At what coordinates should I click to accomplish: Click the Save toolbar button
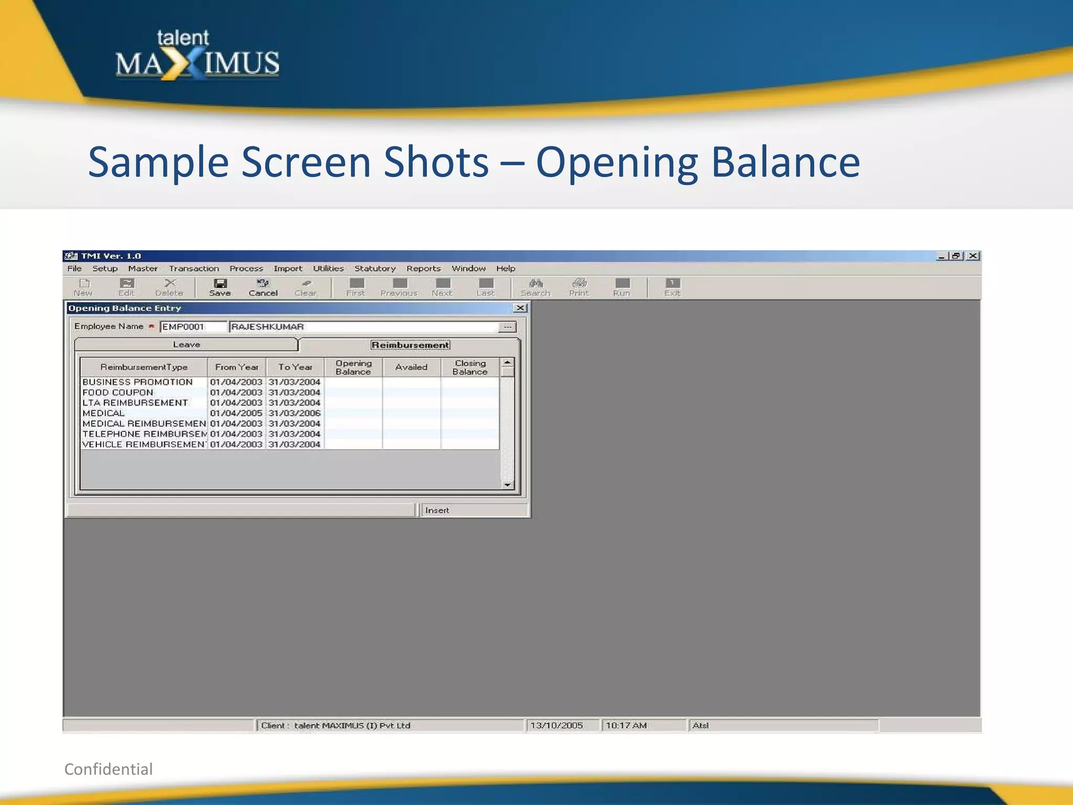(x=220, y=287)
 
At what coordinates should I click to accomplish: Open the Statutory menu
(x=375, y=268)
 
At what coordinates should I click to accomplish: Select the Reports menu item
(x=423, y=268)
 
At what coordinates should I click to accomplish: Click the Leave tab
(x=187, y=344)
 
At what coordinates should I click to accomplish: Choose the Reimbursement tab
(x=410, y=345)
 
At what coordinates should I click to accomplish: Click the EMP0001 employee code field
(x=193, y=327)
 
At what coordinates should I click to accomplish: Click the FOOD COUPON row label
(x=118, y=393)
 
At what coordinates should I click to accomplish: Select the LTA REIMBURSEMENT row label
(x=135, y=402)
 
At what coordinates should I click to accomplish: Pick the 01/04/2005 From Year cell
(x=236, y=413)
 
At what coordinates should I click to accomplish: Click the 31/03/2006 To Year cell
(x=294, y=413)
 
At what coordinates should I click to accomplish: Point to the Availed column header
(x=411, y=367)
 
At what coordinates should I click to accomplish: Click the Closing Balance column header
(x=470, y=367)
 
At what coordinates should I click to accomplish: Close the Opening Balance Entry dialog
(x=520, y=308)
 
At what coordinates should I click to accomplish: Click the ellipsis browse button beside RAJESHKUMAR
(x=507, y=327)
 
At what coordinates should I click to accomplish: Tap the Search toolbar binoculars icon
(x=535, y=284)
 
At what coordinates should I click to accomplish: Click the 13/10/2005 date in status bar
(x=556, y=725)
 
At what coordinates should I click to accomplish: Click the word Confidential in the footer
(x=108, y=769)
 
